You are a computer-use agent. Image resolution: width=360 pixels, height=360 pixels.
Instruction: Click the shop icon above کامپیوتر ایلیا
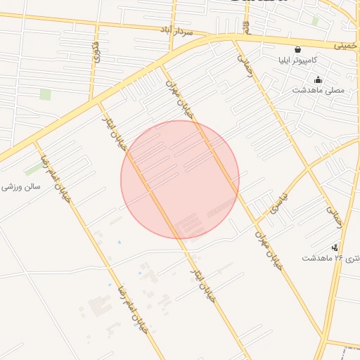pos(298,49)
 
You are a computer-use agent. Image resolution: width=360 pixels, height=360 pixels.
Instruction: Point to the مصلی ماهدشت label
pos(319,90)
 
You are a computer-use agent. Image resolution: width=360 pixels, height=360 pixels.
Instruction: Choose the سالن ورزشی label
pos(21,187)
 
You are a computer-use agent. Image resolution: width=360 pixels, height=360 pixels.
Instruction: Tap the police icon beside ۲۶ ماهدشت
pos(335,247)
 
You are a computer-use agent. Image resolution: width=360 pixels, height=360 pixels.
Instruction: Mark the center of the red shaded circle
pos(180,179)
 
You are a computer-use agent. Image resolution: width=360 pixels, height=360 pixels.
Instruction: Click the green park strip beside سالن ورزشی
pos(33,169)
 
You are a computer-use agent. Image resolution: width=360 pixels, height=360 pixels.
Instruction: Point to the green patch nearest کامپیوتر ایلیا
pos(315,21)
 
